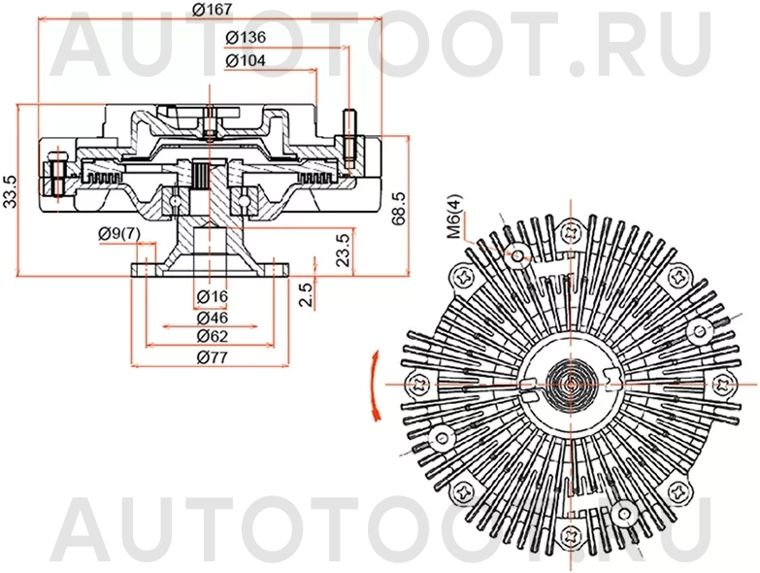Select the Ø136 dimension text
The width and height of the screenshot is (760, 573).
point(246,37)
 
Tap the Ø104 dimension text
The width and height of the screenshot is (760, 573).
point(246,60)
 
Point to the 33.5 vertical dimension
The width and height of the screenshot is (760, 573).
point(11,192)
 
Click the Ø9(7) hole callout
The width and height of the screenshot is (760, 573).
point(119,233)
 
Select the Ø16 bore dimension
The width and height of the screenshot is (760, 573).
point(211,296)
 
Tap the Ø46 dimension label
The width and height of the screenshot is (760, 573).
point(211,318)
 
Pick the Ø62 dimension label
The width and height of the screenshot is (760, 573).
point(211,336)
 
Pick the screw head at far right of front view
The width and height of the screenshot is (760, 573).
point(722,385)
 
